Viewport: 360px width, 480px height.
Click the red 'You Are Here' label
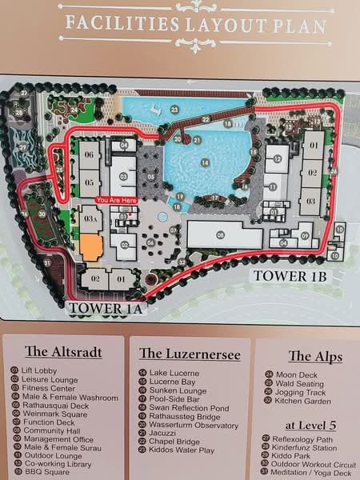(x=117, y=199)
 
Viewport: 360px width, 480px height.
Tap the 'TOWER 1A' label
(x=106, y=307)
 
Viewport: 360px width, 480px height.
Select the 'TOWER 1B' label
(x=291, y=275)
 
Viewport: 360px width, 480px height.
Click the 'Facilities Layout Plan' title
(x=195, y=24)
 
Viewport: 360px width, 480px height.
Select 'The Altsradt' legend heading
(x=62, y=351)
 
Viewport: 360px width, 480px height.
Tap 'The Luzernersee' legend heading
(x=186, y=353)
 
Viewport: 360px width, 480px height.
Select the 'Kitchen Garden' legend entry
(x=305, y=400)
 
